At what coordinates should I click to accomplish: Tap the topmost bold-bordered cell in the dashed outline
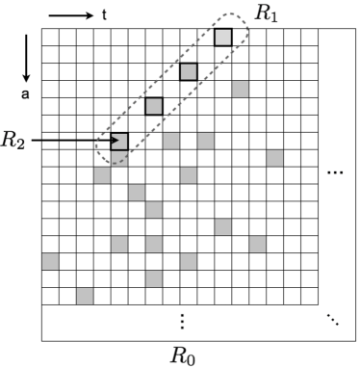pyautogui.click(x=223, y=38)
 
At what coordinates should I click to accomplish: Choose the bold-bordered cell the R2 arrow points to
pyautogui.click(x=119, y=142)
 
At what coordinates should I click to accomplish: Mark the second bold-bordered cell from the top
pyautogui.click(x=189, y=72)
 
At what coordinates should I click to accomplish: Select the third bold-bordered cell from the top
pyautogui.click(x=154, y=106)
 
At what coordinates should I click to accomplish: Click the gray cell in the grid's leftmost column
pyautogui.click(x=50, y=261)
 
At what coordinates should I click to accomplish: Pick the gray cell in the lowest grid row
pyautogui.click(x=85, y=296)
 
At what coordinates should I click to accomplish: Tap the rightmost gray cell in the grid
pyautogui.click(x=275, y=158)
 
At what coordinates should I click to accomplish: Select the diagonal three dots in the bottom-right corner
pyautogui.click(x=333, y=320)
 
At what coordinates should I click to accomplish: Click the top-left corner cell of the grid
pyautogui.click(x=50, y=38)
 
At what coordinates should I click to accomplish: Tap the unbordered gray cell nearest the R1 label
pyautogui.click(x=241, y=90)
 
